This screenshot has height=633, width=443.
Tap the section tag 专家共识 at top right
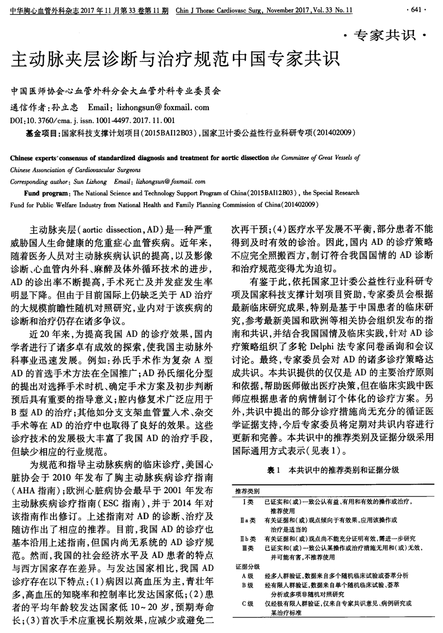[384, 35]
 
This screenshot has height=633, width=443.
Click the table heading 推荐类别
[248, 491]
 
